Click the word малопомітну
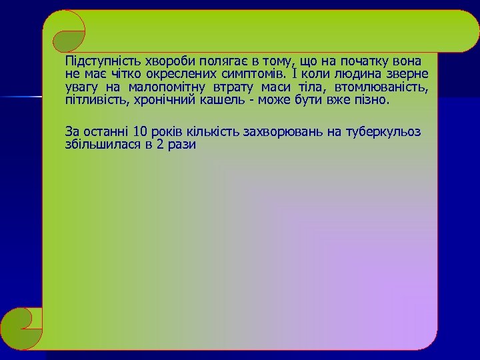(167, 87)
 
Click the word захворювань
(278, 131)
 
